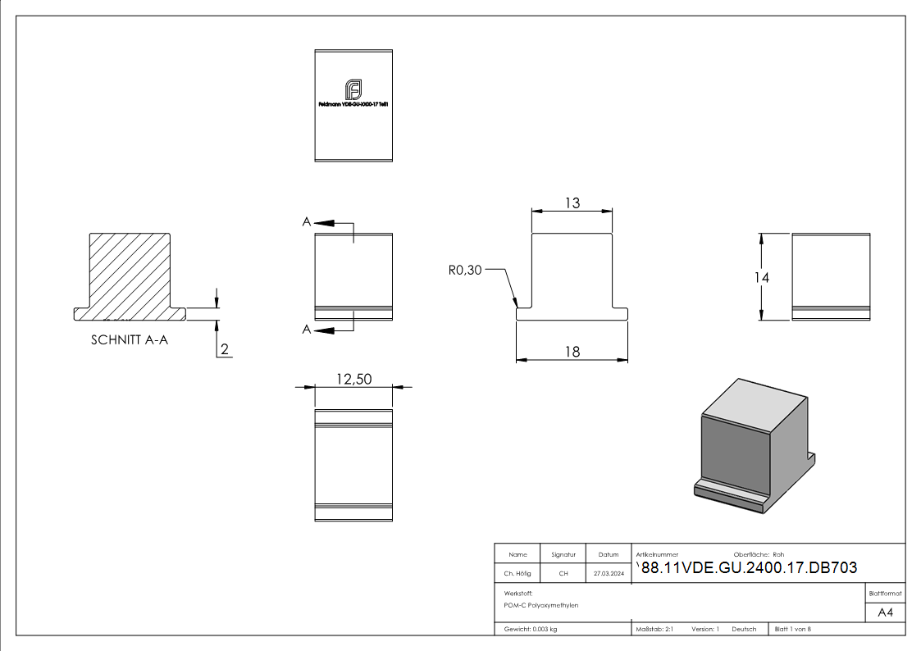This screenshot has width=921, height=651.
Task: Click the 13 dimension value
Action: point(572,203)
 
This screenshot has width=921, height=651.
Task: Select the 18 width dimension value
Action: point(572,352)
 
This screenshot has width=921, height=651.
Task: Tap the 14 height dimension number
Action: point(762,278)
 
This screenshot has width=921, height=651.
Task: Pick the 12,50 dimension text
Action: point(353,379)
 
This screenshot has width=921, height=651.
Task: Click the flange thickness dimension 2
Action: point(225,350)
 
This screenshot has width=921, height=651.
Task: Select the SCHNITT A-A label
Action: point(130,341)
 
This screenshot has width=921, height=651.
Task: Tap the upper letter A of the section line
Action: point(306,222)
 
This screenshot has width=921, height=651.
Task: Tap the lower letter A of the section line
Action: point(306,330)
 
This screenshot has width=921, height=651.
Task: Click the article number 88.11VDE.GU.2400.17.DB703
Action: point(749,569)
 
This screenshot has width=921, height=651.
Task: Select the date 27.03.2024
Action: point(609,574)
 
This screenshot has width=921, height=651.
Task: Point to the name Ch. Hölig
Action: point(517,574)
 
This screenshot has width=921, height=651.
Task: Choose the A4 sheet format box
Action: point(886,612)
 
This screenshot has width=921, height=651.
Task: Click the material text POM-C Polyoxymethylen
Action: point(541,605)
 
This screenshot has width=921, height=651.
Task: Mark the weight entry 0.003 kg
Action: point(531,629)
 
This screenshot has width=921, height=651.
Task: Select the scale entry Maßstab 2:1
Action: point(654,629)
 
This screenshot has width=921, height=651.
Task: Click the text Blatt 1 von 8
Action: point(792,629)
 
